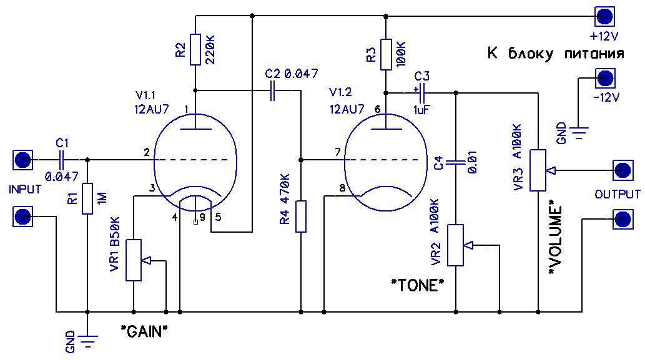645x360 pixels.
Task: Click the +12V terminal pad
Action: tap(604, 16)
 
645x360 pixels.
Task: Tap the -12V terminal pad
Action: tap(604, 78)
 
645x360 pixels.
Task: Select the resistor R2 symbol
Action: tap(195, 50)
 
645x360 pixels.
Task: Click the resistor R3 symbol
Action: tap(387, 54)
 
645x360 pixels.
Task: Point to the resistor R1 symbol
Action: tap(87, 198)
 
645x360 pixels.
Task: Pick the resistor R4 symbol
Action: tap(301, 216)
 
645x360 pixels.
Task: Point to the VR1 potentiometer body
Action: tap(134, 259)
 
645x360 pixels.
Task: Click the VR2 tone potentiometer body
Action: tap(456, 245)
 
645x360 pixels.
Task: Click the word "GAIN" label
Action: tap(145, 330)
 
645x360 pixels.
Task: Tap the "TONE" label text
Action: tap(418, 286)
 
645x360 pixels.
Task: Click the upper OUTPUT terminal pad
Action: tap(621, 169)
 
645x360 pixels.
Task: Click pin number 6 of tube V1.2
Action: tap(377, 109)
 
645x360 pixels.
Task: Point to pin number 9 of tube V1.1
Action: tap(202, 218)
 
